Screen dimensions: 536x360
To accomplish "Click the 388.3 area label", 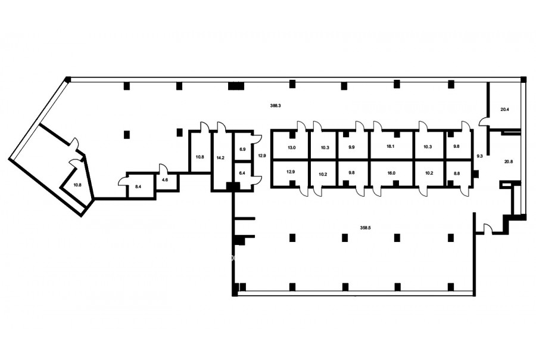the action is point(276,105).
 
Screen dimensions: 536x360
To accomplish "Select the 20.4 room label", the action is point(504,110).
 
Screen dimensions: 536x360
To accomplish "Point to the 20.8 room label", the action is point(509,162).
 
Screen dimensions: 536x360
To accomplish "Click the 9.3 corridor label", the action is point(479,156).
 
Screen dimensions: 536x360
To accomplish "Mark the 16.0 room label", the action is point(391,173).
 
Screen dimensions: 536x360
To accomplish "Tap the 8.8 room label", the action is point(456,173).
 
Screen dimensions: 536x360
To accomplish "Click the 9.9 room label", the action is point(351,147).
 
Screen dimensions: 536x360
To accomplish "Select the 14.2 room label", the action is point(220,158).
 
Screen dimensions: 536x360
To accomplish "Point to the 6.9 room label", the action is point(242,149).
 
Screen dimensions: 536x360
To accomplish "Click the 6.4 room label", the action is point(242,173).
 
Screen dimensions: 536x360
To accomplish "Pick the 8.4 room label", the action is point(138,187).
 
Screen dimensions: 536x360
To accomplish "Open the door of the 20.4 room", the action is point(483,122).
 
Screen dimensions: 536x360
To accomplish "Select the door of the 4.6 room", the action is point(163,169).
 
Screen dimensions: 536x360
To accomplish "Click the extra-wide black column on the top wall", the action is point(235,86).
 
